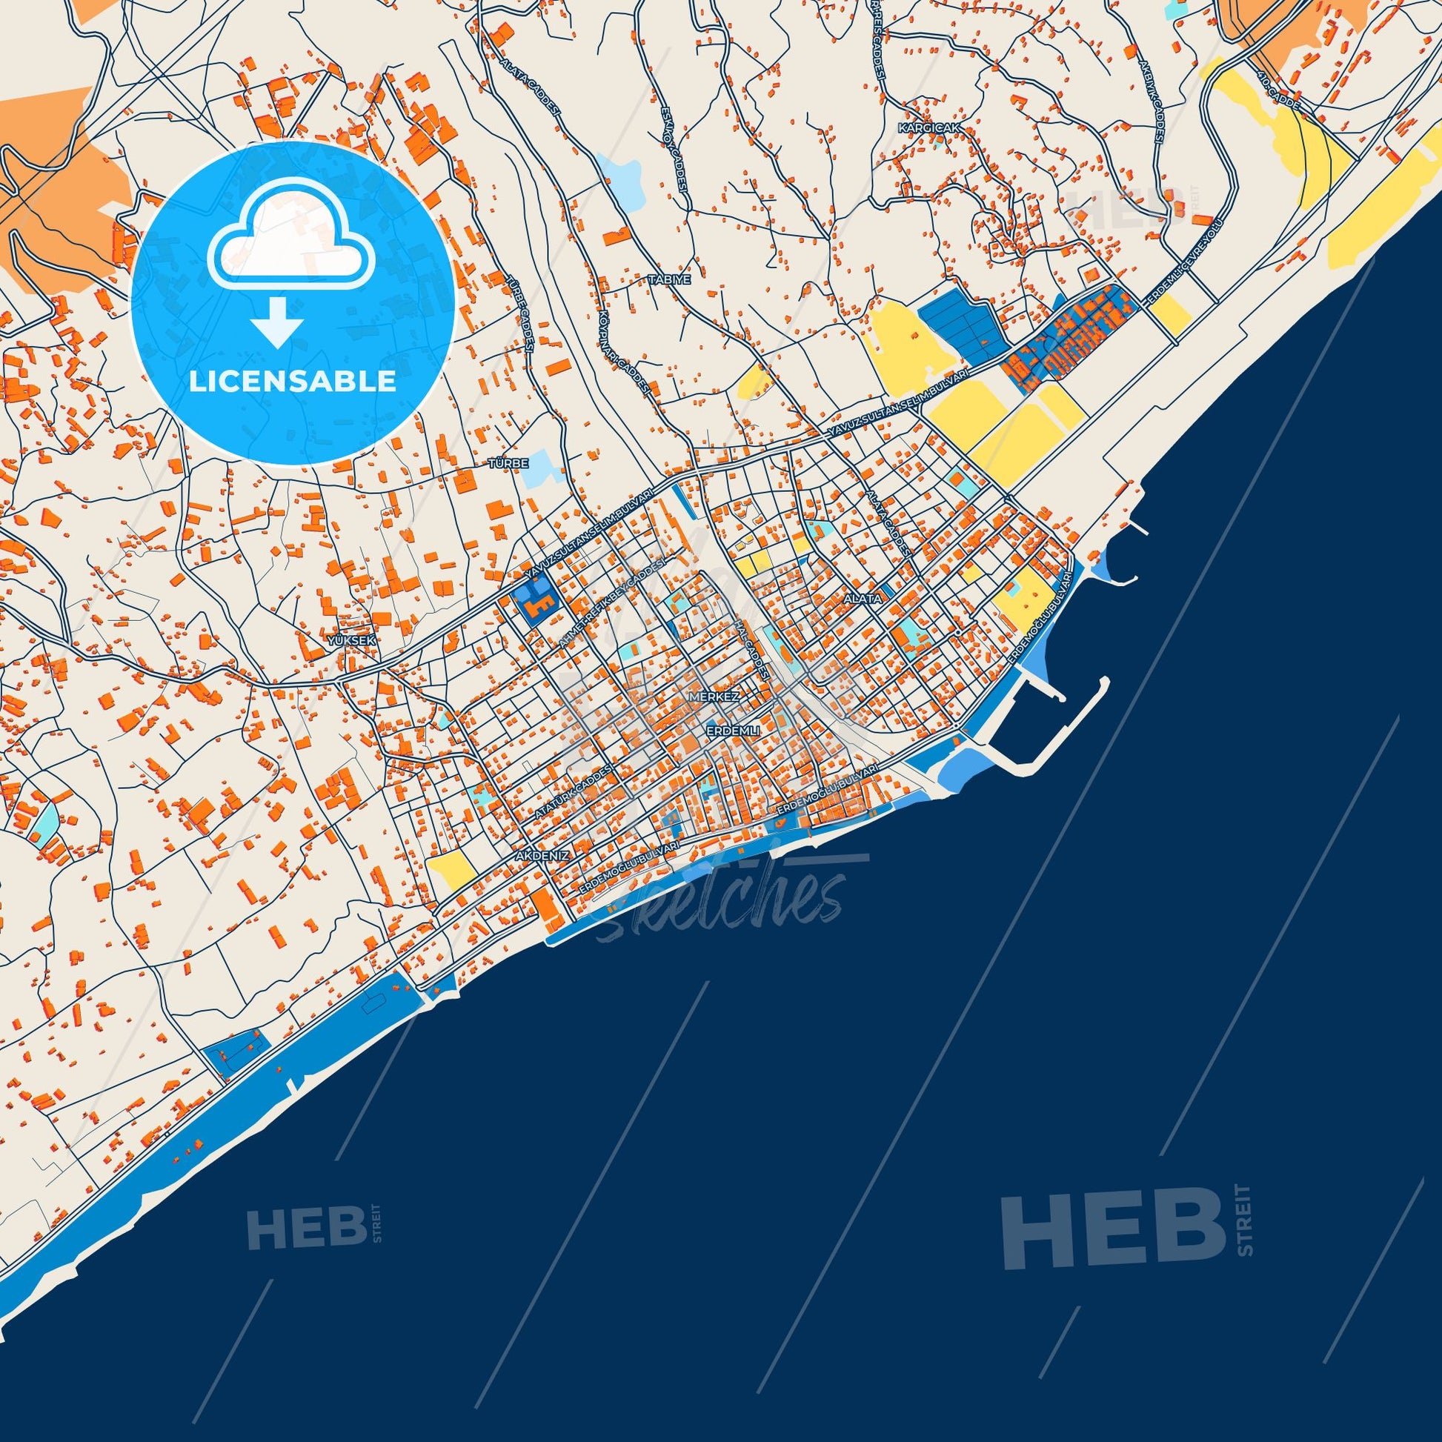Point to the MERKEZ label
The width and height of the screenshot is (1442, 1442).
click(714, 697)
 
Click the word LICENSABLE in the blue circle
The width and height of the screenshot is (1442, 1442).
click(293, 382)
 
